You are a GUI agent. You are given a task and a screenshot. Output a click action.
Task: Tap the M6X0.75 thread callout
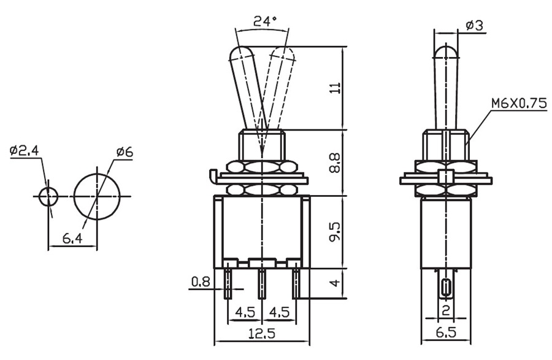pos(518,104)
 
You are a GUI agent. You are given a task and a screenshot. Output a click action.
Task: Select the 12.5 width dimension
pos(262,334)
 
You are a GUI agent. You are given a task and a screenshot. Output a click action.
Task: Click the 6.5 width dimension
pos(446,334)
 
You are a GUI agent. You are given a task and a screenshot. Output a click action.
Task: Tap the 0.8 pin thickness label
pos(200,281)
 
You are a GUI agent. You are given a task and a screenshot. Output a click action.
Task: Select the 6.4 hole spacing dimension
pos(72,239)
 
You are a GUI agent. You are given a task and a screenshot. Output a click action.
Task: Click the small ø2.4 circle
pos(48,197)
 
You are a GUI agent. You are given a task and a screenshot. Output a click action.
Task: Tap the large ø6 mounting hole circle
pos(97,196)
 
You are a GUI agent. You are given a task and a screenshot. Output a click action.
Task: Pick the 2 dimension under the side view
pos(446,310)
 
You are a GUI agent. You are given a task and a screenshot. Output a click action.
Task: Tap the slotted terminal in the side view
pos(446,287)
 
